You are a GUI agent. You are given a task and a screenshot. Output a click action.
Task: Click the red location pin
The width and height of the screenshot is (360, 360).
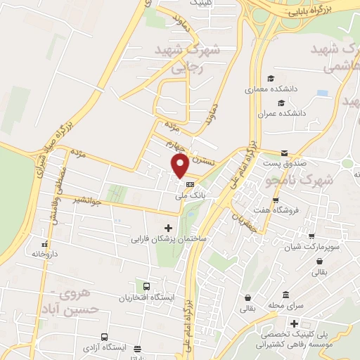pyautogui.click(x=179, y=165)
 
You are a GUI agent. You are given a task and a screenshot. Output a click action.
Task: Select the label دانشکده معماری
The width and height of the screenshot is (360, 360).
pyautogui.click(x=266, y=90)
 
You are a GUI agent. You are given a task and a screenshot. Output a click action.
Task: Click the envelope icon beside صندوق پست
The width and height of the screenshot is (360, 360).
pyautogui.click(x=284, y=153)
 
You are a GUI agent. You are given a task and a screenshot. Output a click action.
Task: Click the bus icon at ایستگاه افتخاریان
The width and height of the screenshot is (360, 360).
pyautogui.click(x=146, y=287)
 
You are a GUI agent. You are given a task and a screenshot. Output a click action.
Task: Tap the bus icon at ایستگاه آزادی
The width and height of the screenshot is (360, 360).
pyautogui.click(x=104, y=337)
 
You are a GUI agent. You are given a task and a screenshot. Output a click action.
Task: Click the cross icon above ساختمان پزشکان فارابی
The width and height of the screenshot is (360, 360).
pyautogui.click(x=168, y=228)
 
